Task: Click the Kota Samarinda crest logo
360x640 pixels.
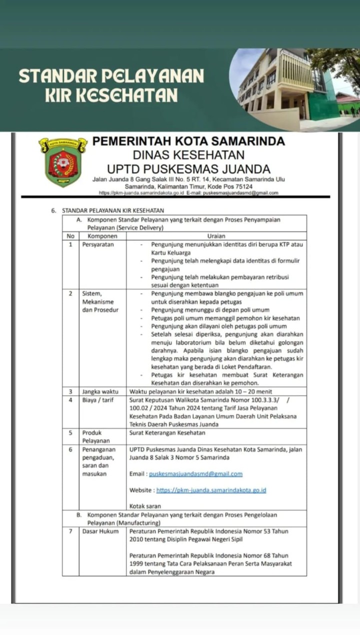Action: pyautogui.click(x=62, y=162)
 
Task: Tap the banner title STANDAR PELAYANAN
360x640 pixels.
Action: pyautogui.click(x=111, y=76)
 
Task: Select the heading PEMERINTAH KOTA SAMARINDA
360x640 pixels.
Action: pyautogui.click(x=189, y=141)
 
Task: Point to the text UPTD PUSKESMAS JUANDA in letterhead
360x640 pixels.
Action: pyautogui.click(x=189, y=169)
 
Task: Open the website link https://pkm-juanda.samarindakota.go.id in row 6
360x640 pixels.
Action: pyautogui.click(x=211, y=490)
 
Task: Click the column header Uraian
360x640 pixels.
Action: pyautogui.click(x=216, y=236)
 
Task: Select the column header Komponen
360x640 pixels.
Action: pyautogui.click(x=102, y=236)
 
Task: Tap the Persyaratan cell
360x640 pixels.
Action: pyautogui.click(x=98, y=245)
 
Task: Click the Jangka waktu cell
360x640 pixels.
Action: pyautogui.click(x=100, y=392)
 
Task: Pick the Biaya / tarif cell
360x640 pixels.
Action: pyautogui.click(x=98, y=400)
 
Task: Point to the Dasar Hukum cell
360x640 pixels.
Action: pyautogui.click(x=100, y=531)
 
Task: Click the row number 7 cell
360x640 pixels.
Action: pyautogui.click(x=70, y=531)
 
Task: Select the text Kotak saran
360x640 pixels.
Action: pyautogui.click(x=145, y=506)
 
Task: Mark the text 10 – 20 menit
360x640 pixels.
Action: pyautogui.click(x=250, y=392)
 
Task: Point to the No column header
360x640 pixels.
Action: pyautogui.click(x=70, y=236)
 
